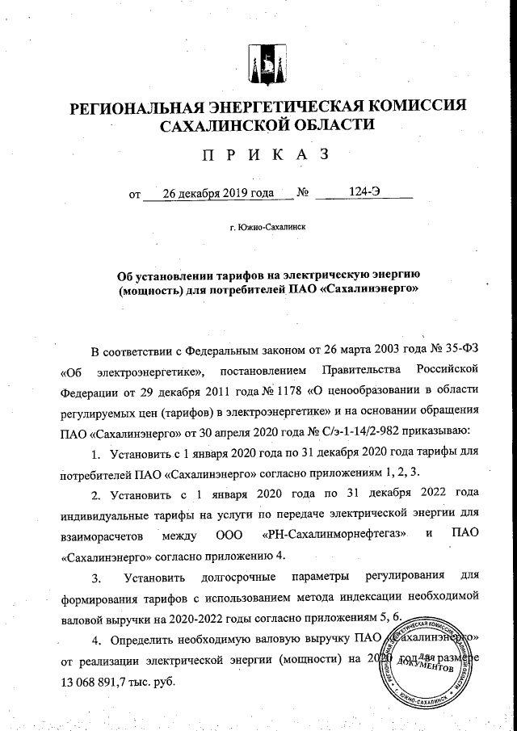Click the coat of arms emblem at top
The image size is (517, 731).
coord(267,63)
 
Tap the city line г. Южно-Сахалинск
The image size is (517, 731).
coord(267,228)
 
